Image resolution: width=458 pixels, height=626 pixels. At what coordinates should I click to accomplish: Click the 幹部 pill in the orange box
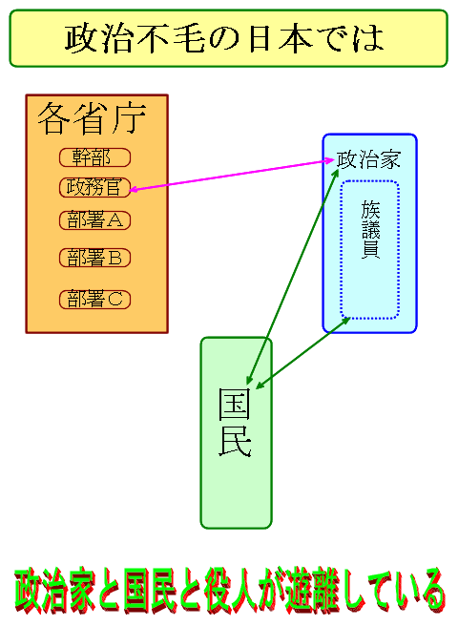pos(95,157)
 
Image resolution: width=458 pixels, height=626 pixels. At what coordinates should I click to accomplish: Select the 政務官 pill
pos(95,187)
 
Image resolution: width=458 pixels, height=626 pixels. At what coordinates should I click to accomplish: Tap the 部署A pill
pos(95,220)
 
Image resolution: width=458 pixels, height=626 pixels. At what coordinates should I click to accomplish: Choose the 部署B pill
pos(95,258)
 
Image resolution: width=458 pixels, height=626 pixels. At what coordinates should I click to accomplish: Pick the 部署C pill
pos(95,300)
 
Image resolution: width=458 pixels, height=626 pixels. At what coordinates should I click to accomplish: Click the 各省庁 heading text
pos(92,118)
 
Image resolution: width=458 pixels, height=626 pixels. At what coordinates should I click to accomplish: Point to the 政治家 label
pos(368,159)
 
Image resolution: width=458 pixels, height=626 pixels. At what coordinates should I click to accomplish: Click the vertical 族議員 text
pos(370,230)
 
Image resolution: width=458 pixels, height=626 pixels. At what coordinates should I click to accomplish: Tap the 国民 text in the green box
pos(235,422)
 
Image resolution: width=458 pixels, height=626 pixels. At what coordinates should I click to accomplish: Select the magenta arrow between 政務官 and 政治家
pos(232,175)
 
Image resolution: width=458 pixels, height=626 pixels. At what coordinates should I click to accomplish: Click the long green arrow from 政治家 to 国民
pos(293,277)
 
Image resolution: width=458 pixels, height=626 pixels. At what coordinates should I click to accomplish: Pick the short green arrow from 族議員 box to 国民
pos(302,353)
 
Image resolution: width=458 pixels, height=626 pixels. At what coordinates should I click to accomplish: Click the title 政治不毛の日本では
pos(224,39)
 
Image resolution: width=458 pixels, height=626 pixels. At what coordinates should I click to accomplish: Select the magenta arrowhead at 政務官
pos(134,189)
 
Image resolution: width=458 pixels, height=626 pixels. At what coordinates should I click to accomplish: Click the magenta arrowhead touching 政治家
pos(330,160)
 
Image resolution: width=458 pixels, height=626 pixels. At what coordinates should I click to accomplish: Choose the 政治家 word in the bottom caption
pos(55,591)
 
